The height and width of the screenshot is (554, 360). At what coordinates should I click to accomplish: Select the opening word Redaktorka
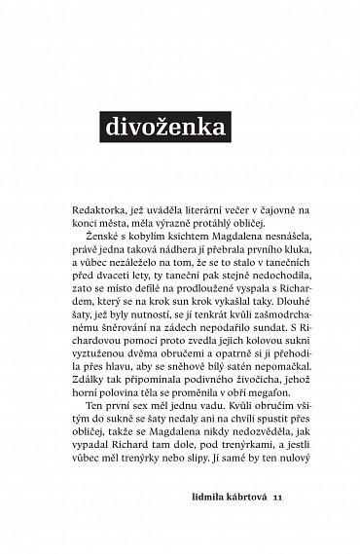(101, 211)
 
